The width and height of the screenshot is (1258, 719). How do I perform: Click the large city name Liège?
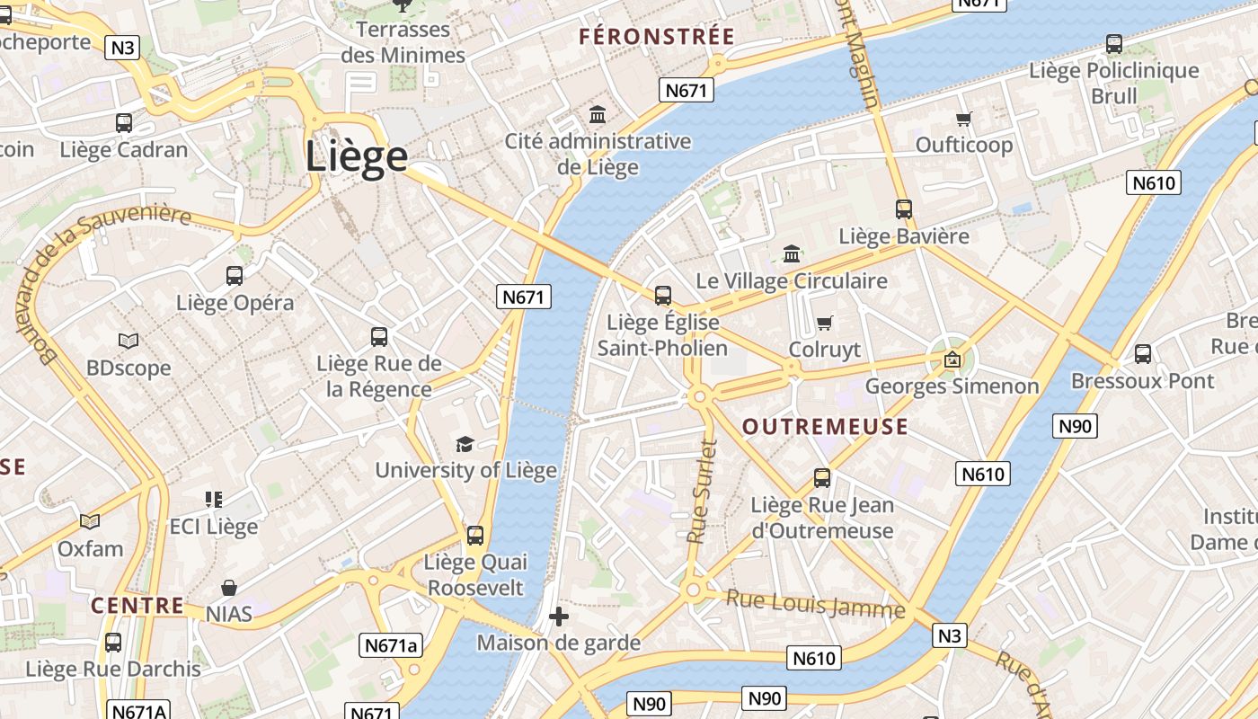click(x=357, y=157)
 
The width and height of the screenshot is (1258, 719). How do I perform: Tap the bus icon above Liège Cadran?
click(x=124, y=123)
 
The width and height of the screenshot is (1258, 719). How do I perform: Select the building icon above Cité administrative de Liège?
click(x=598, y=115)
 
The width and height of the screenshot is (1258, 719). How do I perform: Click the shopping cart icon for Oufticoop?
click(x=964, y=119)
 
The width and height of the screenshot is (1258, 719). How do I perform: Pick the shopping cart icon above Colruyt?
click(x=824, y=323)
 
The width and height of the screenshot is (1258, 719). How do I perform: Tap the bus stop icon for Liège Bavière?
click(x=904, y=209)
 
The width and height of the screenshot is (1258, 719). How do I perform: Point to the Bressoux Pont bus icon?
click(x=1142, y=354)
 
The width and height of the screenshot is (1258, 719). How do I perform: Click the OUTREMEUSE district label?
click(x=825, y=427)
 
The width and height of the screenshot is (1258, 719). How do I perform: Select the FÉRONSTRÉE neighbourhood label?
click(x=657, y=37)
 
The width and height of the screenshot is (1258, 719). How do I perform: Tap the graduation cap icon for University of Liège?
click(x=465, y=444)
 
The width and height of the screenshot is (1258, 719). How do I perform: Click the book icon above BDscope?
click(x=128, y=342)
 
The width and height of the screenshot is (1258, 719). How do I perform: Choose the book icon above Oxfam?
click(x=90, y=521)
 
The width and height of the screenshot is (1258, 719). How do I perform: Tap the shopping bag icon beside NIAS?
click(x=229, y=589)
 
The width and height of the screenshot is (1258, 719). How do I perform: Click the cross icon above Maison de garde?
click(x=558, y=617)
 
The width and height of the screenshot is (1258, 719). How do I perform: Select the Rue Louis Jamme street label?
click(x=815, y=604)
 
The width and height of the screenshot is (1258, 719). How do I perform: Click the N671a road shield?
click(x=392, y=644)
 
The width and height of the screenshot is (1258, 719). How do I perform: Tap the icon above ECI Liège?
click(x=213, y=499)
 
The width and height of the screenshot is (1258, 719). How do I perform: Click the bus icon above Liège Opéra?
click(x=235, y=276)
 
